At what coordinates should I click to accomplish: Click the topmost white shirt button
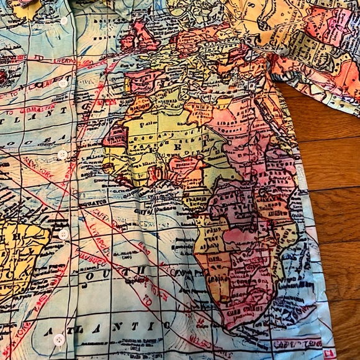click(x=64, y=21)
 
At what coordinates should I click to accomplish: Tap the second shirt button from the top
click(x=63, y=83)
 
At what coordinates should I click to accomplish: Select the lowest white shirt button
click(x=59, y=340)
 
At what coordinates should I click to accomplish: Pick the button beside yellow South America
click(x=63, y=234)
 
